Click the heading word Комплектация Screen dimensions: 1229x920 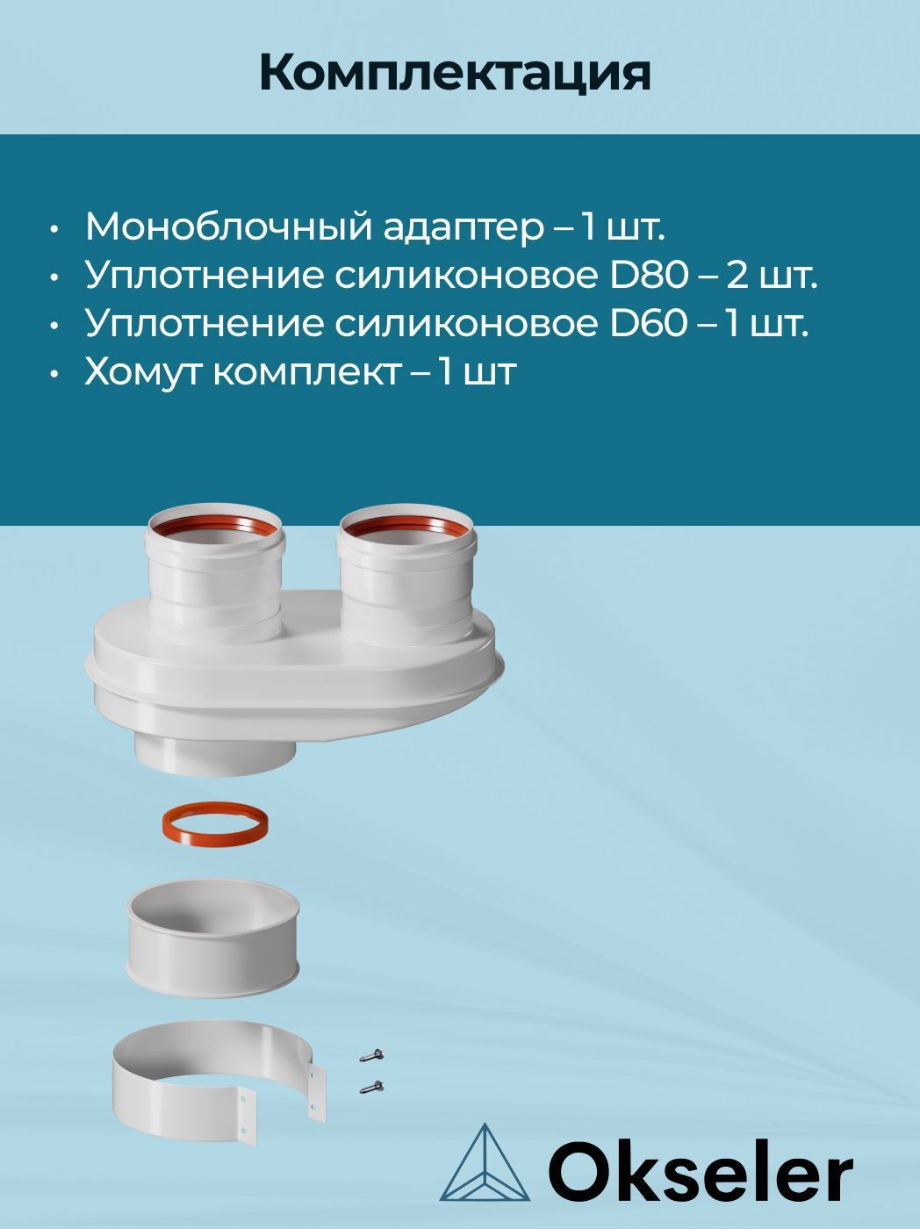(455, 73)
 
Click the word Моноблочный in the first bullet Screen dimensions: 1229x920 (226, 227)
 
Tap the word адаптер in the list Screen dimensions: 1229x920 (464, 228)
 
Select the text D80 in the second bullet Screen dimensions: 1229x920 (648, 276)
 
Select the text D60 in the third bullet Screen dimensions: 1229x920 (648, 324)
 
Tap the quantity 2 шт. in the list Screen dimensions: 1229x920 (772, 276)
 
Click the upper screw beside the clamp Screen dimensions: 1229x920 (372, 1054)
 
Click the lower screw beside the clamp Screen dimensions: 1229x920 (372, 1087)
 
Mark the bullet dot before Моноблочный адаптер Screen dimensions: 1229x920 (55, 229)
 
